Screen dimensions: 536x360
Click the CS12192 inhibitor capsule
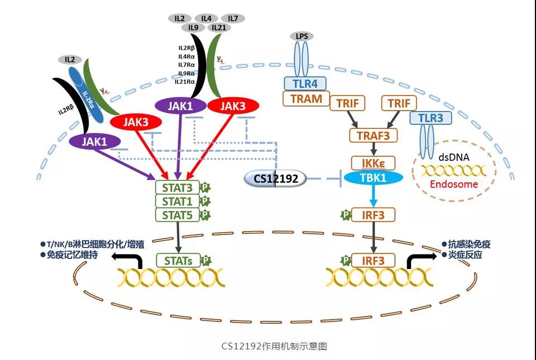[x=275, y=178]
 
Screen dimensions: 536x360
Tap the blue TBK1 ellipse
[x=374, y=177]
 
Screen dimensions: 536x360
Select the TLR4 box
[x=305, y=83]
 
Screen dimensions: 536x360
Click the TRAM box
[x=307, y=99]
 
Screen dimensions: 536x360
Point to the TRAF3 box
[x=374, y=135]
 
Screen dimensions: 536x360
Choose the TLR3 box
[x=430, y=118]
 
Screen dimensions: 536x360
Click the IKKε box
[x=374, y=163]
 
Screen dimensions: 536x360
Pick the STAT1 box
[x=177, y=201]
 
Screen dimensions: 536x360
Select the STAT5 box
[x=177, y=215]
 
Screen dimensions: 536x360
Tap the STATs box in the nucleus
[x=178, y=261]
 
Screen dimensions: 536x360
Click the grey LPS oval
[x=302, y=36]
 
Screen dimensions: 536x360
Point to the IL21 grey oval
[x=219, y=28]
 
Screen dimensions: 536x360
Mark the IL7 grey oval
[x=233, y=18]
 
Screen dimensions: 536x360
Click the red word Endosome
[x=454, y=184]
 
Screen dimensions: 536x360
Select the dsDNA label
[x=454, y=157]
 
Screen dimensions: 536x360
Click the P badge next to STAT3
[x=205, y=188]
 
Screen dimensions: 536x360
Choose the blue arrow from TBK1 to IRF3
[x=374, y=196]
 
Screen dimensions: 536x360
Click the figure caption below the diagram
[x=274, y=346]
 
